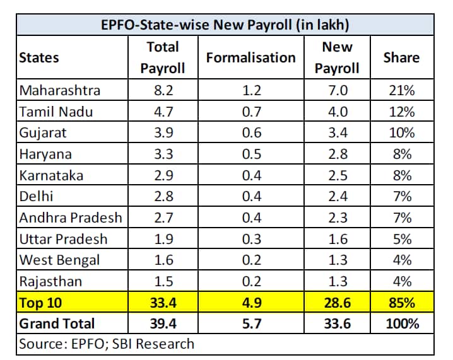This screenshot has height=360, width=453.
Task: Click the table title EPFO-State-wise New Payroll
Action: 226,25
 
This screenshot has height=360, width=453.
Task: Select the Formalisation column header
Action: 250,57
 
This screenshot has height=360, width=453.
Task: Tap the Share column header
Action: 401,57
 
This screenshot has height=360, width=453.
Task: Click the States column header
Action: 39,57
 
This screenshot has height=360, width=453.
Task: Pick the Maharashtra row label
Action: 60,90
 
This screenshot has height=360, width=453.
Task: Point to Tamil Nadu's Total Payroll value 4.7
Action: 163,112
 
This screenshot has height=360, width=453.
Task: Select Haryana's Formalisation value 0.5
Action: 250,154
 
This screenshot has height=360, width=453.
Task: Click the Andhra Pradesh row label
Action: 70,218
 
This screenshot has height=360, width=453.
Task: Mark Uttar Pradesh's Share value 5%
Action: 401,239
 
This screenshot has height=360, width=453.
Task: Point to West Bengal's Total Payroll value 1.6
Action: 163,260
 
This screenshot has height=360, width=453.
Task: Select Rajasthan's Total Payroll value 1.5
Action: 163,281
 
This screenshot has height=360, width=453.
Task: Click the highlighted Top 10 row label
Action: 40,303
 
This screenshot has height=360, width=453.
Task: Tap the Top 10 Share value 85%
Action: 401,303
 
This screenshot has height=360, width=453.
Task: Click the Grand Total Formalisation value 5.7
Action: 250,323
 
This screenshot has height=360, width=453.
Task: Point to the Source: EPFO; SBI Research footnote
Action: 107,344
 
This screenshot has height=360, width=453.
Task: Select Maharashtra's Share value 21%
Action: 401,90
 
